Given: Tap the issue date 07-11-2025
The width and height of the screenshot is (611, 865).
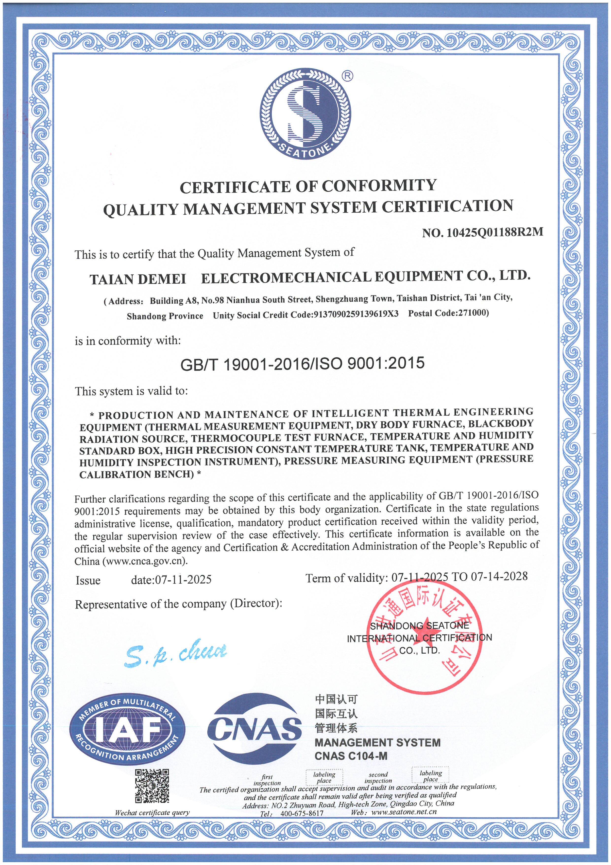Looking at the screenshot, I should pos(182,579).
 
